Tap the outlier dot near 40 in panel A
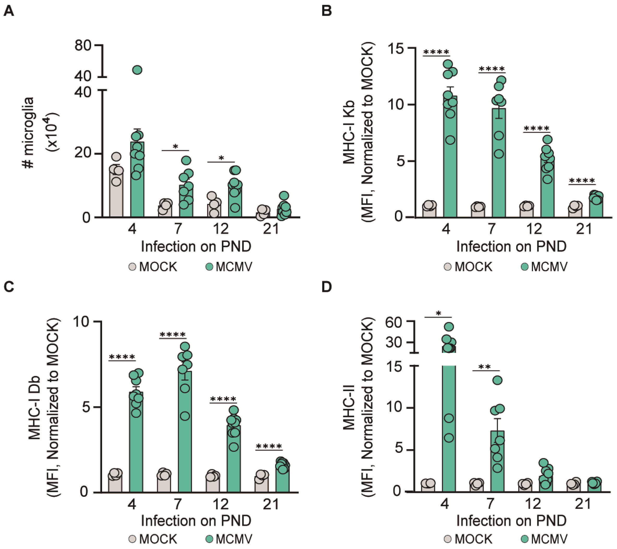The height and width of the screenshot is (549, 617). pos(137,70)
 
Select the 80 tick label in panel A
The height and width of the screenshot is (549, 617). pos(83,46)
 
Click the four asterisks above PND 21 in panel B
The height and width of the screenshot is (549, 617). pos(582,181)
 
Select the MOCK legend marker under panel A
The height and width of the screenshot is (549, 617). pos(133,267)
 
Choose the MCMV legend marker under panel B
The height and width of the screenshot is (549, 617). pos(525,267)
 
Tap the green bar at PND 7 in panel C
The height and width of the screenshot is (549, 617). pos(185,435)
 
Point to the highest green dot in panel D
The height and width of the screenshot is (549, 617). pos(449,327)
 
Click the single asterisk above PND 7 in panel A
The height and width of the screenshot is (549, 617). pos(175,147)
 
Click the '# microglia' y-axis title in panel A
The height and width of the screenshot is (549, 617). pos(29,133)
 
